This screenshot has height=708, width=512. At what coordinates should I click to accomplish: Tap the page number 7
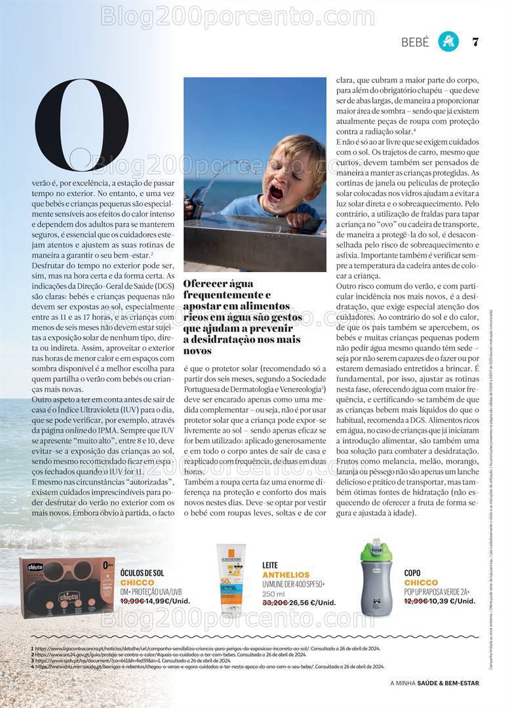(x=475, y=43)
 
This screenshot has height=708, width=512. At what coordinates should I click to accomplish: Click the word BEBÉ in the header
(x=415, y=43)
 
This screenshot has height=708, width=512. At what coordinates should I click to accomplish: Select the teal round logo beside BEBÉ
(x=448, y=42)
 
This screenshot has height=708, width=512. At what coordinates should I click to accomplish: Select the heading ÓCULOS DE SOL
(x=142, y=573)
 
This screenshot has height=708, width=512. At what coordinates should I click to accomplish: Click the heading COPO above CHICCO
(x=412, y=572)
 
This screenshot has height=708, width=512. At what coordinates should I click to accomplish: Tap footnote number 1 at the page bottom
(x=31, y=649)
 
